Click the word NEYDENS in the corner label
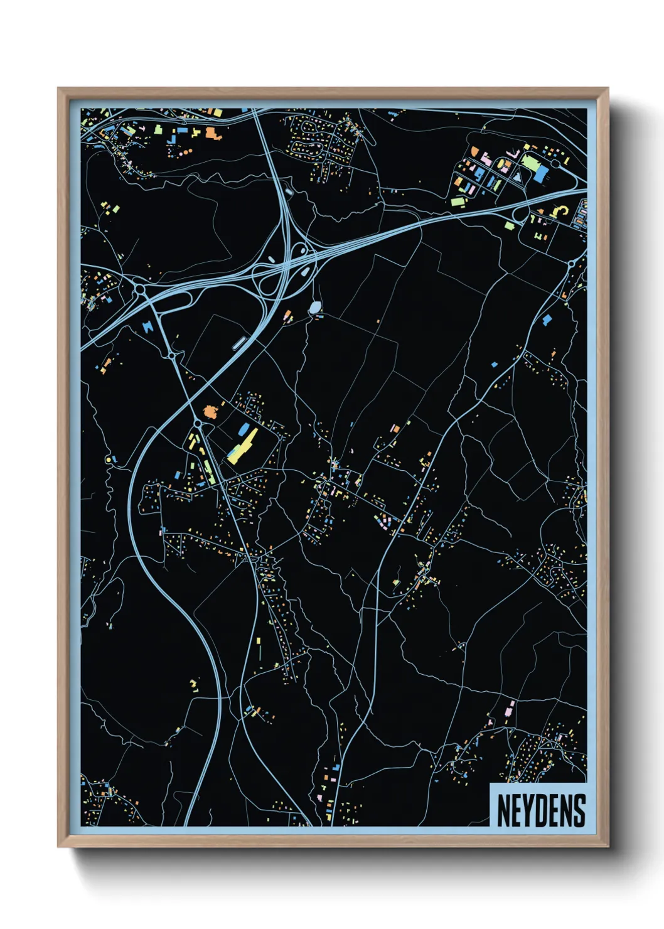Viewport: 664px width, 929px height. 540,810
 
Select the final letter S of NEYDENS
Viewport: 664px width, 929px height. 579,810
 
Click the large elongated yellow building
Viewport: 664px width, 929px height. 242,446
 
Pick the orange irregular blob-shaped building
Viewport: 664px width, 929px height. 210,411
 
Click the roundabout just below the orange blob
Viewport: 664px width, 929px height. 198,425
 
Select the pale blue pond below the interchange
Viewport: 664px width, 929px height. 315,307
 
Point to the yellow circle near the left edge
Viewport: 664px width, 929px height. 109,459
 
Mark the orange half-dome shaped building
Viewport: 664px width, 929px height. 475,151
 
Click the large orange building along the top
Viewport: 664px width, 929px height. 212,132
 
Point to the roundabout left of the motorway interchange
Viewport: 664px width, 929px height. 141,290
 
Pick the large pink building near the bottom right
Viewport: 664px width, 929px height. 508,712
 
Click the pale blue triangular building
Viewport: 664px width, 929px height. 517,177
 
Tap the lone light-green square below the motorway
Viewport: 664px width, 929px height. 510,225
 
